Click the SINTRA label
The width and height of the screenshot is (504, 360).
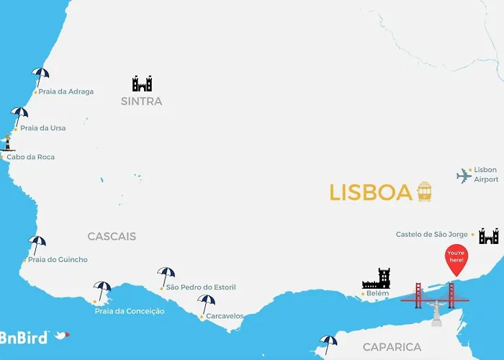(x=142, y=102)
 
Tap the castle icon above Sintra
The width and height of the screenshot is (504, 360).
(x=142, y=84)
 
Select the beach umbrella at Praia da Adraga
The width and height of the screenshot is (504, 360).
(x=40, y=76)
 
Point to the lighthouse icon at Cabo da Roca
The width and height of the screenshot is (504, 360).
(x=8, y=143)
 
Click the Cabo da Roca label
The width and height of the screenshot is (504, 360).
(x=30, y=157)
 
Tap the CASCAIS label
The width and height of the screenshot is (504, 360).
(x=112, y=236)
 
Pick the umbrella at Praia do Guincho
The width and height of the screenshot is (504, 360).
(x=37, y=244)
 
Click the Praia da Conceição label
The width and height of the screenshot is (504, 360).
(x=130, y=311)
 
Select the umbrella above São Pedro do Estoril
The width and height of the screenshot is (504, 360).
(x=166, y=275)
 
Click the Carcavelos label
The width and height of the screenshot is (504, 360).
(x=225, y=316)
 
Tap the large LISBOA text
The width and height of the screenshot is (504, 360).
(x=370, y=193)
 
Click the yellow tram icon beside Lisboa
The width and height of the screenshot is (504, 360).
(x=424, y=192)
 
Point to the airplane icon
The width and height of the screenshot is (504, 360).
(x=464, y=176)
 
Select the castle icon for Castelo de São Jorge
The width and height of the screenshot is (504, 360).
(x=489, y=235)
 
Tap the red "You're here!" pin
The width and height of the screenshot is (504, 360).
(x=456, y=260)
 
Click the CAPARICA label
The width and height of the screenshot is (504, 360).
(x=392, y=347)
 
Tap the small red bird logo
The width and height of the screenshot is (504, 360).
(x=63, y=335)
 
